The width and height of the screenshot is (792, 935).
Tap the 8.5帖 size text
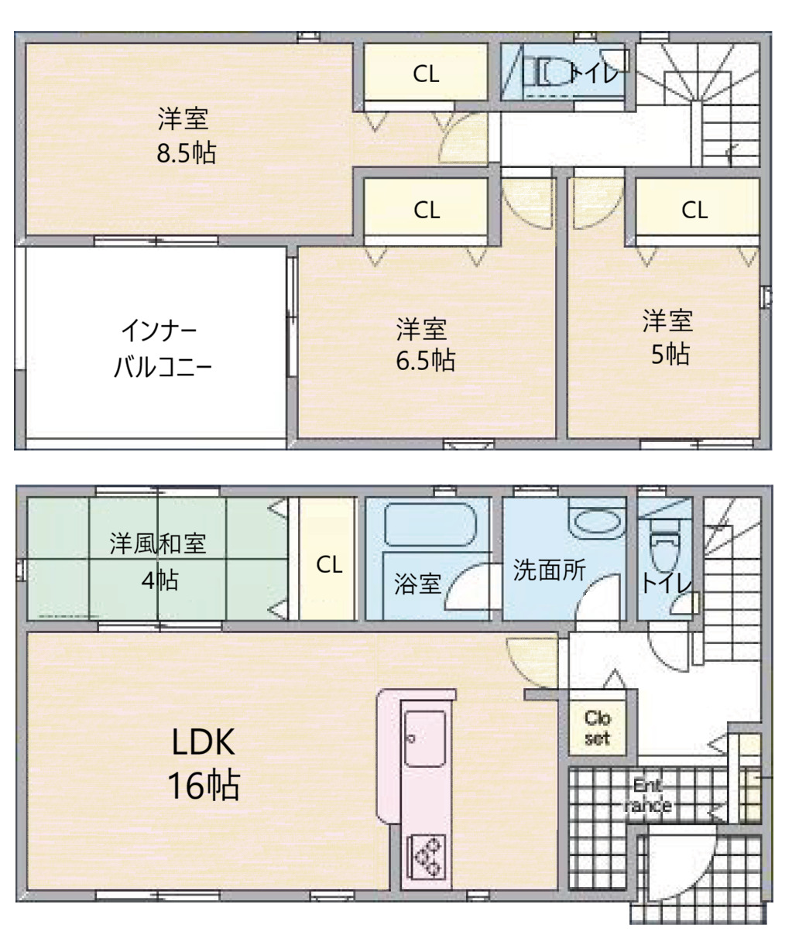click(186, 153)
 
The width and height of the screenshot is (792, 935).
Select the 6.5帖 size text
click(425, 361)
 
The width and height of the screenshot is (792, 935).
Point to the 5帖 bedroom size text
click(670, 354)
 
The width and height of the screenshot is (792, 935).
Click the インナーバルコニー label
click(162, 348)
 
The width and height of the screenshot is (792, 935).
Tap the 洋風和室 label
click(158, 543)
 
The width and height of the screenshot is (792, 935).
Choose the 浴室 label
click(417, 584)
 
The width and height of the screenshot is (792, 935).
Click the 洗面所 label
click(550, 570)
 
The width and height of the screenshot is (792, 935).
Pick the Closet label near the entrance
click(598, 728)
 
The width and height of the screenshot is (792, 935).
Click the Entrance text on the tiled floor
click(647, 796)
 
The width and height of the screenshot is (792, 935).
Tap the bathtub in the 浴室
click(430, 524)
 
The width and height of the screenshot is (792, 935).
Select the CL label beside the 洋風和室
click(329, 564)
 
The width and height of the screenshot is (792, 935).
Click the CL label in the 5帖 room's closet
click(694, 210)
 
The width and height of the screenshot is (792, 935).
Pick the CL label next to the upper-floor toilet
click(426, 74)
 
